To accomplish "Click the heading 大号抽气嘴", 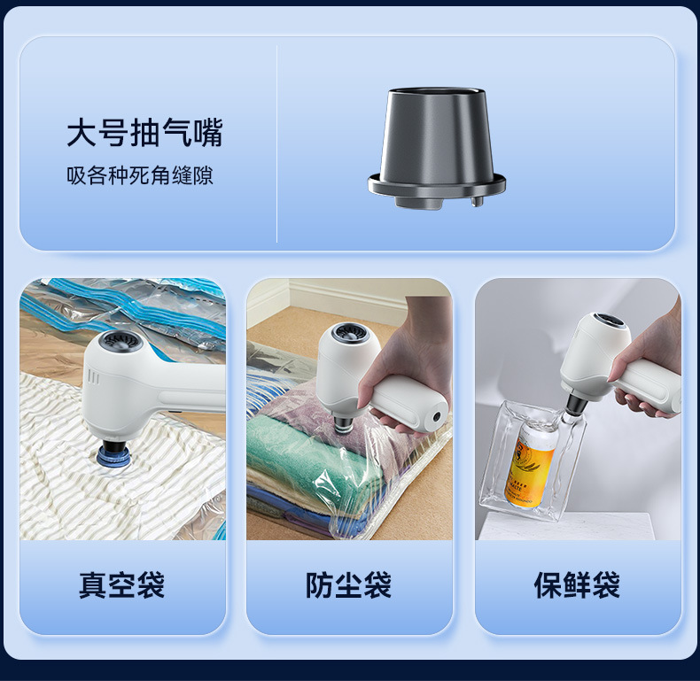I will tap(144, 133).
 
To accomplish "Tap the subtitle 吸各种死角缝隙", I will tap(140, 175).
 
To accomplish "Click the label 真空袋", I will tap(122, 585).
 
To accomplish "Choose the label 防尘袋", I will tap(349, 585).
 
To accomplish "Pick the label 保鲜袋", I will tap(577, 585).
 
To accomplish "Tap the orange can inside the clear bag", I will tap(530, 465).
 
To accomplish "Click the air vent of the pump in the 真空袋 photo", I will tap(114, 344).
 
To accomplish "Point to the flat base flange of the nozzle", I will tap(437, 187).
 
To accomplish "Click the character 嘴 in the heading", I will tap(206, 133).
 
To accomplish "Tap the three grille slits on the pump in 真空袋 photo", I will tap(94, 377).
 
